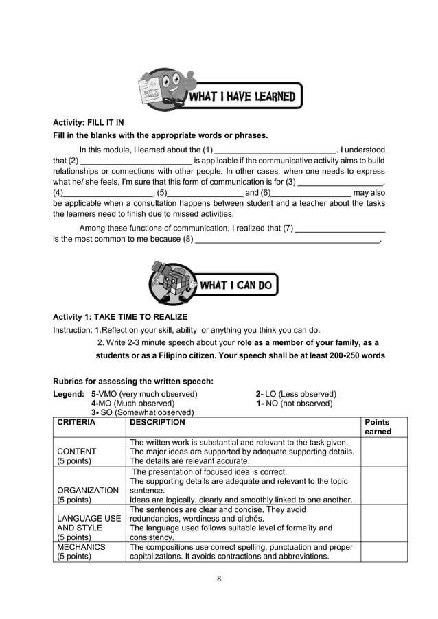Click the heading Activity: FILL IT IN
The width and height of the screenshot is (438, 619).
click(88, 122)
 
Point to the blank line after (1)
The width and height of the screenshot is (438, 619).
click(275, 150)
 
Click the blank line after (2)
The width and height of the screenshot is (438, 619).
click(131, 161)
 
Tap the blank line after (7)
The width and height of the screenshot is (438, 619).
click(340, 229)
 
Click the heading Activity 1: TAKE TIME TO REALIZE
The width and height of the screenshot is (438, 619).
click(120, 316)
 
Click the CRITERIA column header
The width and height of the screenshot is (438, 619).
click(76, 423)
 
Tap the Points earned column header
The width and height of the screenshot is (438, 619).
click(377, 427)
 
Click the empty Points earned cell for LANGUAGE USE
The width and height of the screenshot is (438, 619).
click(383, 524)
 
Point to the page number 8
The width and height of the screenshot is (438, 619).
click(219, 579)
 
